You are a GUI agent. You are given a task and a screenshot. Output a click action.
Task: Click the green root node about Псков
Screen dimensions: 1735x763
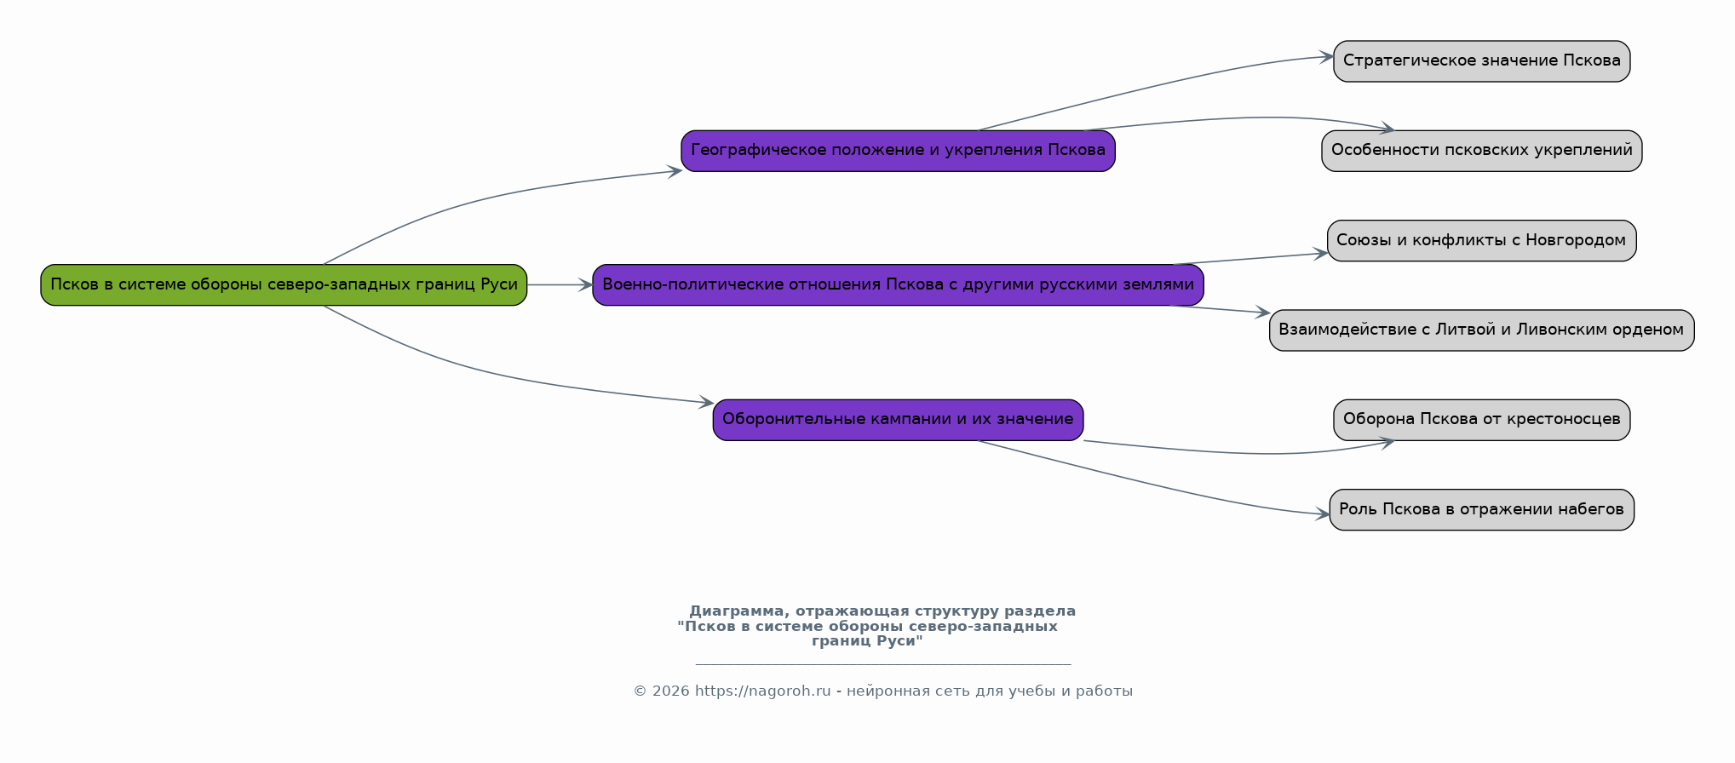pyautogui.click(x=284, y=284)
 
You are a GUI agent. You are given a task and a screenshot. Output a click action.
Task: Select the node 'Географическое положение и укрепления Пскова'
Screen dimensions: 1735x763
pyautogui.click(x=898, y=151)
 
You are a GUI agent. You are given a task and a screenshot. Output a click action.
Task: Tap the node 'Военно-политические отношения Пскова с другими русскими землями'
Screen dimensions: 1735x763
pyautogui.click(x=898, y=284)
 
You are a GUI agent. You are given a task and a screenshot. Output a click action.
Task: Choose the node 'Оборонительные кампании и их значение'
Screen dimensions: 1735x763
pyautogui.click(x=898, y=420)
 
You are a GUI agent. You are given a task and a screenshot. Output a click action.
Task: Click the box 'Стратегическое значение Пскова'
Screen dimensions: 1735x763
pyautogui.click(x=1481, y=61)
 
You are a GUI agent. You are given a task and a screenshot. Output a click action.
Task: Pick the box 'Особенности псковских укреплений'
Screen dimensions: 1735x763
pyautogui.click(x=1481, y=151)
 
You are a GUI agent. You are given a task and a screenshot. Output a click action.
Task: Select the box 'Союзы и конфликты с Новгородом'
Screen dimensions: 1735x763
pyautogui.click(x=1481, y=240)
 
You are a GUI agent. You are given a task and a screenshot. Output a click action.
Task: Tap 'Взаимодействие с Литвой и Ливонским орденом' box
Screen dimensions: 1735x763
pyautogui.click(x=1481, y=330)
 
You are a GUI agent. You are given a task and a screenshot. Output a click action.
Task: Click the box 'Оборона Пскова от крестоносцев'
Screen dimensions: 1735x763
pyautogui.click(x=1481, y=420)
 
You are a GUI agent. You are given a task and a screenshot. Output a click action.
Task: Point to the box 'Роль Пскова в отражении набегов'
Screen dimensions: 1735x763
pyautogui.click(x=1481, y=509)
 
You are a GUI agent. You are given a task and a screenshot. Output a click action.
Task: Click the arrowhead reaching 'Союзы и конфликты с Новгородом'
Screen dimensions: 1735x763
pyautogui.click(x=1319, y=253)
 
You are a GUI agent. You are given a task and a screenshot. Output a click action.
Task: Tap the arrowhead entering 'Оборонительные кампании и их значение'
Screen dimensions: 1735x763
pyautogui.click(x=705, y=402)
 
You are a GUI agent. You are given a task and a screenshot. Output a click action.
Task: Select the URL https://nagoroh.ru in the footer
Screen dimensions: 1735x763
pyautogui.click(x=762, y=691)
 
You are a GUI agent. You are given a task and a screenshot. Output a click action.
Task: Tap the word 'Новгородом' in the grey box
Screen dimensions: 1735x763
pyautogui.click(x=1575, y=240)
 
